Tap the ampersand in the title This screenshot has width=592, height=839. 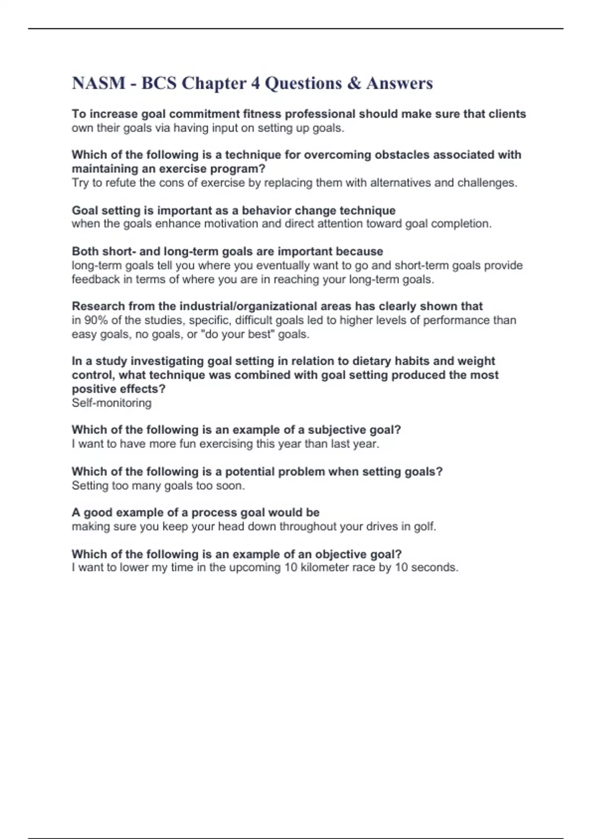tap(354, 83)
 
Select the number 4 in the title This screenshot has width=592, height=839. tap(255, 83)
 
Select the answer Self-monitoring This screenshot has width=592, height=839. tap(111, 403)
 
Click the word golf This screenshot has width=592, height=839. tap(424, 527)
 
